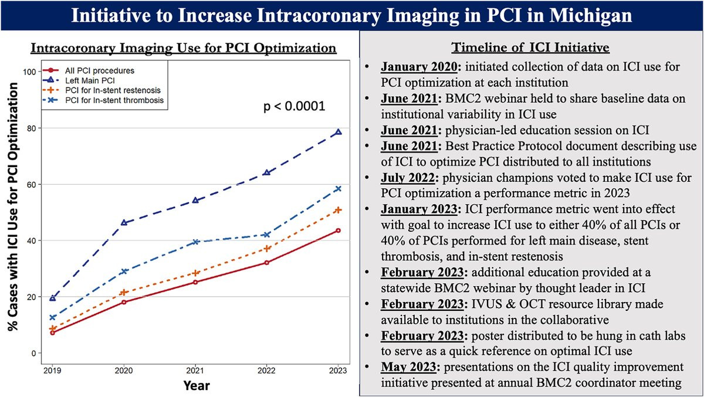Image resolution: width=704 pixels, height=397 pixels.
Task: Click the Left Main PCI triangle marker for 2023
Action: [x=338, y=132]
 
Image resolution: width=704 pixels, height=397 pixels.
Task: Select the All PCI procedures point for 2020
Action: [x=124, y=302]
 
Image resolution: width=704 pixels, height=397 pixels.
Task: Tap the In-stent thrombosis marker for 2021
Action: [x=195, y=242]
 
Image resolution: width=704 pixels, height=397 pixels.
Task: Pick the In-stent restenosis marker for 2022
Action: [x=267, y=249]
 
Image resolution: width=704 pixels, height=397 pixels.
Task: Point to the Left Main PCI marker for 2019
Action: [x=53, y=298]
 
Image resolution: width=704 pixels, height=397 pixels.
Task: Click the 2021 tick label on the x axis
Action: [x=195, y=371]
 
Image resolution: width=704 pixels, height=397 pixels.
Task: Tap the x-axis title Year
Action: [x=195, y=385]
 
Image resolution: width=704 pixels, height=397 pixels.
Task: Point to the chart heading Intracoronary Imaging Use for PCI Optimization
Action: [x=184, y=47]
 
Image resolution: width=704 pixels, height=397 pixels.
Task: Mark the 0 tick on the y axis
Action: [x=35, y=353]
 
